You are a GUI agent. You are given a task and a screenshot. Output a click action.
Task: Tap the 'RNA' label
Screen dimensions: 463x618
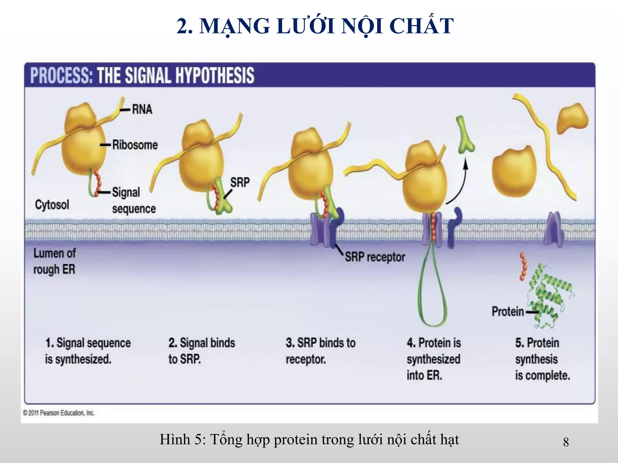click(142, 109)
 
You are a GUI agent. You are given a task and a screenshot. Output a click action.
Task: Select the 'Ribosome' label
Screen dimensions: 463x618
click(135, 145)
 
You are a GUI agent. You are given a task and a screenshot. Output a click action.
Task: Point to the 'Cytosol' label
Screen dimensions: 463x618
click(52, 205)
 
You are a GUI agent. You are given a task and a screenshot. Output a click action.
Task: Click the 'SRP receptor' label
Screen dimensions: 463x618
click(375, 257)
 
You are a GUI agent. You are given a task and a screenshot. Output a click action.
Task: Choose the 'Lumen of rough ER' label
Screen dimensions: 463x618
click(54, 261)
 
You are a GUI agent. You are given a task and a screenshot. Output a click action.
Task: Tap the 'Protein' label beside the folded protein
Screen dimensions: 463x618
click(508, 311)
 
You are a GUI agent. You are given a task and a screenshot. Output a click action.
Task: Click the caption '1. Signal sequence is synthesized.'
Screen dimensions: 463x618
click(88, 351)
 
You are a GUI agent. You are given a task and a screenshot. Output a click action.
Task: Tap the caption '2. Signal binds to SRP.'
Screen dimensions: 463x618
click(202, 351)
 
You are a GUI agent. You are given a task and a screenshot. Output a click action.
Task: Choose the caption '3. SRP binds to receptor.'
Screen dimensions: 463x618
click(320, 351)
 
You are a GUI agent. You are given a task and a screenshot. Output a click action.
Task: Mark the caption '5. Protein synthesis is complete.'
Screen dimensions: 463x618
click(542, 359)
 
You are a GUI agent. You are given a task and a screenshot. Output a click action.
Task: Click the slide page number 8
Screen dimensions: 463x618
click(566, 442)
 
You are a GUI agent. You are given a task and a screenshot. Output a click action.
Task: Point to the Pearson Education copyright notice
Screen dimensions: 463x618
click(59, 413)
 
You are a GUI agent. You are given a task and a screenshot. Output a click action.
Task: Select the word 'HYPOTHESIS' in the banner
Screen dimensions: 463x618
click(215, 75)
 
